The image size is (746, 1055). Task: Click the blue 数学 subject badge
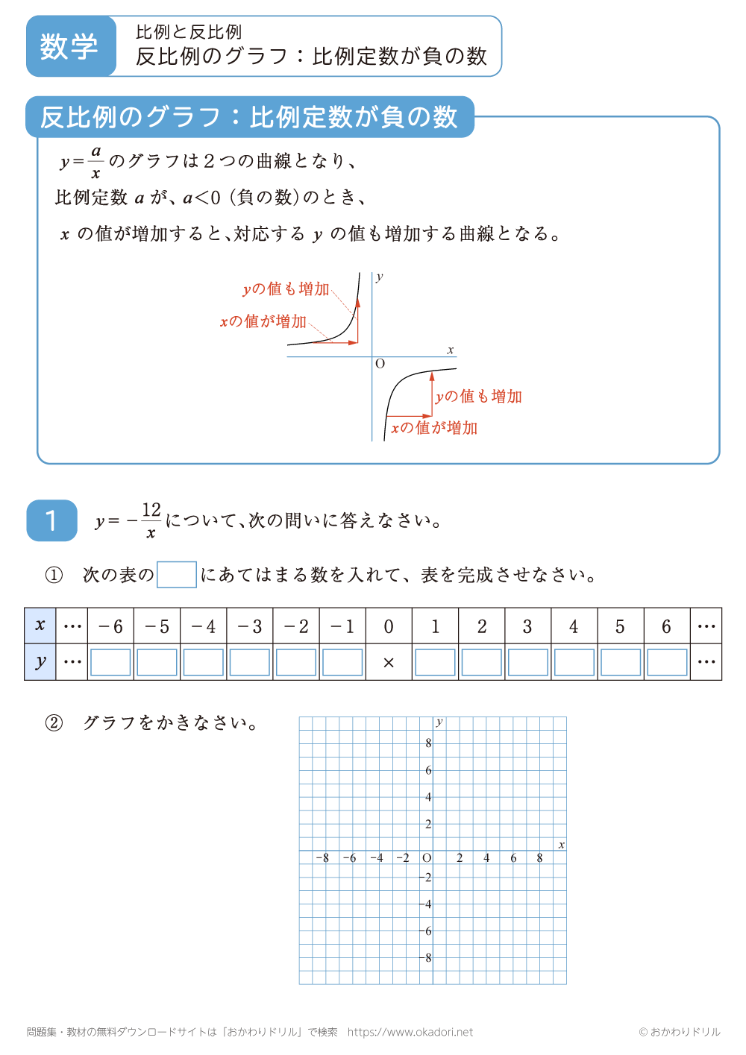tap(70, 46)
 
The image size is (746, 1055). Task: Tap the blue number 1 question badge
tap(51, 520)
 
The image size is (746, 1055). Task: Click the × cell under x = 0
tap(389, 663)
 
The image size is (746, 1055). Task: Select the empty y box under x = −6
tap(110, 663)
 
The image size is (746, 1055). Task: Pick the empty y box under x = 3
tap(528, 663)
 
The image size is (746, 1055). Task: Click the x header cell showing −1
tap(342, 626)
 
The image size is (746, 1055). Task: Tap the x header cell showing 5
tap(620, 626)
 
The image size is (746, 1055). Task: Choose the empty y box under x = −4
tap(203, 663)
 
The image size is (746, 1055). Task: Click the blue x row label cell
tap(40, 626)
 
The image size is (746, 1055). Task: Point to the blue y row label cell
tap(40, 662)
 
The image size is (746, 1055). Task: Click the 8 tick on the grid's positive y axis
tap(428, 743)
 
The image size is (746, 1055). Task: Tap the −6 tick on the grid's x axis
tap(349, 858)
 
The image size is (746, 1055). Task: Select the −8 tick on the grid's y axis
tap(427, 958)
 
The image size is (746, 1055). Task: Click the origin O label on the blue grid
tap(427, 858)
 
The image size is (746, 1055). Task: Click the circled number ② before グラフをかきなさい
tap(54, 723)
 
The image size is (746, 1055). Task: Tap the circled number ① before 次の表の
tap(54, 575)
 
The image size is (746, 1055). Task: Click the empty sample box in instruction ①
tap(177, 575)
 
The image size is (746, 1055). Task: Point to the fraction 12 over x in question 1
tap(151, 520)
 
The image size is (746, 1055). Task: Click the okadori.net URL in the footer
tap(410, 1032)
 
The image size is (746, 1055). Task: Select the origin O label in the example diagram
tap(380, 364)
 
